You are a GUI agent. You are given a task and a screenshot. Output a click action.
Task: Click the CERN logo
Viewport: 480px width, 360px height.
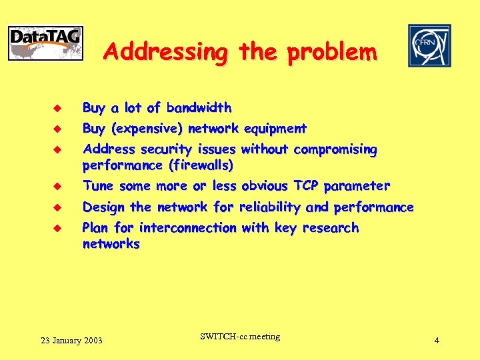pos(429,45)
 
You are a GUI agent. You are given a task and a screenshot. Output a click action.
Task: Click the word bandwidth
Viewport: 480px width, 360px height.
pos(199,108)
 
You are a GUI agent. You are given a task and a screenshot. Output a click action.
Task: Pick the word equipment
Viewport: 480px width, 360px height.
pos(275,129)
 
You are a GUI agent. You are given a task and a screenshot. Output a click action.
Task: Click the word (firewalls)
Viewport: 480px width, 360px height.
pos(201,165)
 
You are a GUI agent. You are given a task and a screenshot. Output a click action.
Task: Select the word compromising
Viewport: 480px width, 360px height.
pos(335,150)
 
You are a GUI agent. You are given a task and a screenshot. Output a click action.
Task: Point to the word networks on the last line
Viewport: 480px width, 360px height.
pos(111,244)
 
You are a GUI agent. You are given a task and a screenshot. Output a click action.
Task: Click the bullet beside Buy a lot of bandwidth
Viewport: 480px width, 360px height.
pos(58,108)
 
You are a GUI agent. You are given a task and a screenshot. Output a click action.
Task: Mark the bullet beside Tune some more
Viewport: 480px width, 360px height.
pos(58,186)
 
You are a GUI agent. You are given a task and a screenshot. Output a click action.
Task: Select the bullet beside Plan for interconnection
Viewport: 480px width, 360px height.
pos(58,228)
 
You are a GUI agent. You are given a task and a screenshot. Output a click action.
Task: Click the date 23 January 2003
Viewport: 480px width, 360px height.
pos(71,341)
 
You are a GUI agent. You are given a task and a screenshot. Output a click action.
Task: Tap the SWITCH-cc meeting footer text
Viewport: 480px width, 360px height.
pos(239,337)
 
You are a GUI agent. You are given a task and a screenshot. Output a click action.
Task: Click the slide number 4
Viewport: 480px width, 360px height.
pos(436,341)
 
